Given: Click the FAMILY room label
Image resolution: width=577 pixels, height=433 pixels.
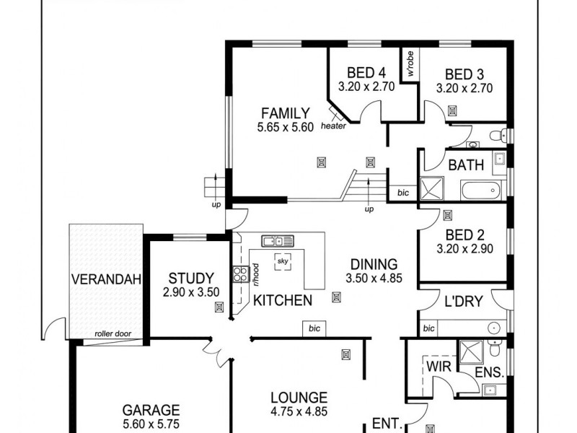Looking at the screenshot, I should (x=285, y=113).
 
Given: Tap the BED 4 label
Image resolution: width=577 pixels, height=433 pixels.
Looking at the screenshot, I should (x=366, y=73).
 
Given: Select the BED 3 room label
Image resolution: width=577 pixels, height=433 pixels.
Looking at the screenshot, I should (x=464, y=73).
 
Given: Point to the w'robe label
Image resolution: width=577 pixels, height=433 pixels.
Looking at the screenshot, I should (x=410, y=64).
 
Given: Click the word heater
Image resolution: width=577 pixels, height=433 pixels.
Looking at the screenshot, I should (x=333, y=126).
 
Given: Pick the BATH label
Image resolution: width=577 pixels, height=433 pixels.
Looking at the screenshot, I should (x=466, y=165).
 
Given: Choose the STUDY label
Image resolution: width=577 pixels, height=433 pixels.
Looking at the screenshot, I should (x=191, y=278).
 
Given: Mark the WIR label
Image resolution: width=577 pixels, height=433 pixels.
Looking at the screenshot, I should (x=438, y=368).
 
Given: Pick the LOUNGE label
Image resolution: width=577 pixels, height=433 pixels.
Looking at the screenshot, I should (x=299, y=398).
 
